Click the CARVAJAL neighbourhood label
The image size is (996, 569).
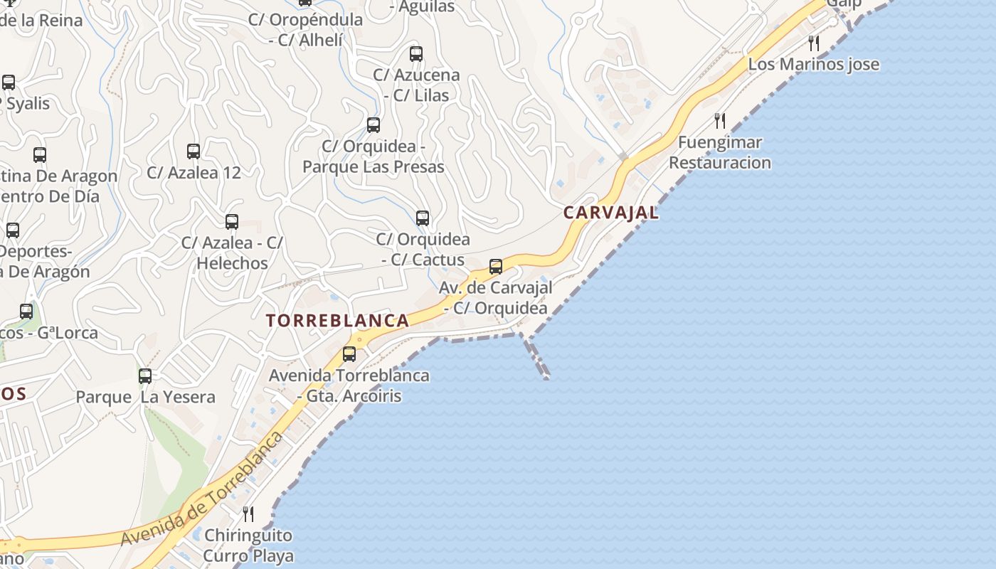611,213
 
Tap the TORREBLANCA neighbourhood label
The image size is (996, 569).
338,321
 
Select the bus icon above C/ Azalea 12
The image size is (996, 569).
194,151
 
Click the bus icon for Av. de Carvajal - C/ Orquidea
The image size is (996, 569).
496,267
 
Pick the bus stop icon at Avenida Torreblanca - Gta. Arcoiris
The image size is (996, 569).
349,353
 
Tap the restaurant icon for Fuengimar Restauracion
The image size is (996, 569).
720,120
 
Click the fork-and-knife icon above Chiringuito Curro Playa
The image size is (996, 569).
248,514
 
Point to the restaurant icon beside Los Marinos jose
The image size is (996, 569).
814,43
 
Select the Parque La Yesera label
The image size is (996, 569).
146,397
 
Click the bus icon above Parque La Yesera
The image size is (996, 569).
145,376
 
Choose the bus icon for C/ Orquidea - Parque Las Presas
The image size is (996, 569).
373,125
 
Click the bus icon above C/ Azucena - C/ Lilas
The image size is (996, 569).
416,53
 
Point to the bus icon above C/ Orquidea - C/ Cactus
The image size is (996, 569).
423,218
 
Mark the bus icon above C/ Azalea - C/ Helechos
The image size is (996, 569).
232,221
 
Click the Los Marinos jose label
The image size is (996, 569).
813,64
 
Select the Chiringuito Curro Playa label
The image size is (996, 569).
248,545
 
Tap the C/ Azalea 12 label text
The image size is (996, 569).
194,172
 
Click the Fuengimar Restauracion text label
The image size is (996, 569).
720,152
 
